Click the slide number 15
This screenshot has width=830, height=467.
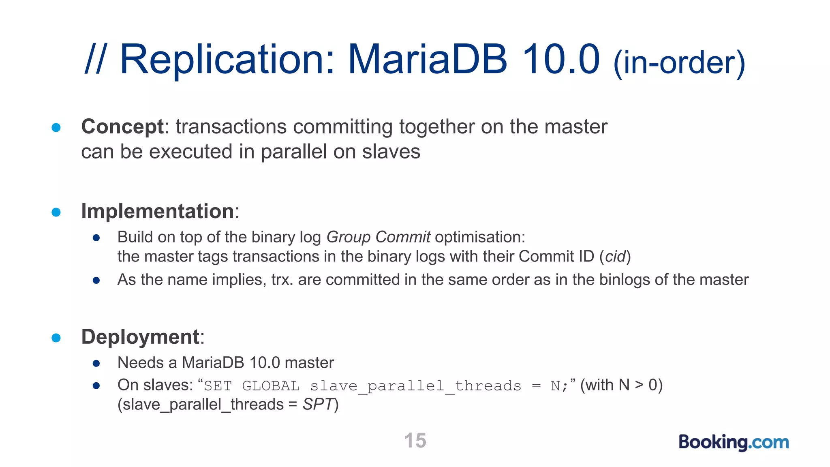click(415, 441)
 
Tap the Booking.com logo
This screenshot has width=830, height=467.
click(734, 442)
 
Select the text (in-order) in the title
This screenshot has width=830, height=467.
click(679, 62)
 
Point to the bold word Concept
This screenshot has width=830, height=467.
click(122, 126)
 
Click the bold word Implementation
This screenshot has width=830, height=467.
click(158, 211)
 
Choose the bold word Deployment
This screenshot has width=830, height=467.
click(140, 337)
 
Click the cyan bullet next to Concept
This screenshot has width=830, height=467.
click(56, 128)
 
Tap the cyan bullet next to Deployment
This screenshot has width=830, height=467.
click(56, 338)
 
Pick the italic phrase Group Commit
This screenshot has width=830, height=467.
click(378, 237)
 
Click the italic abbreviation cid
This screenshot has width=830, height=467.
click(616, 257)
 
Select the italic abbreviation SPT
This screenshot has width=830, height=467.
click(318, 405)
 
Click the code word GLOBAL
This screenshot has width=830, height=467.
click(271, 386)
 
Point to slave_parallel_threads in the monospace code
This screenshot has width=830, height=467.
click(415, 386)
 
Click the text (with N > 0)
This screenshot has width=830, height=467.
click(621, 385)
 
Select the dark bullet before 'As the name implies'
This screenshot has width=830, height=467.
click(96, 280)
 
